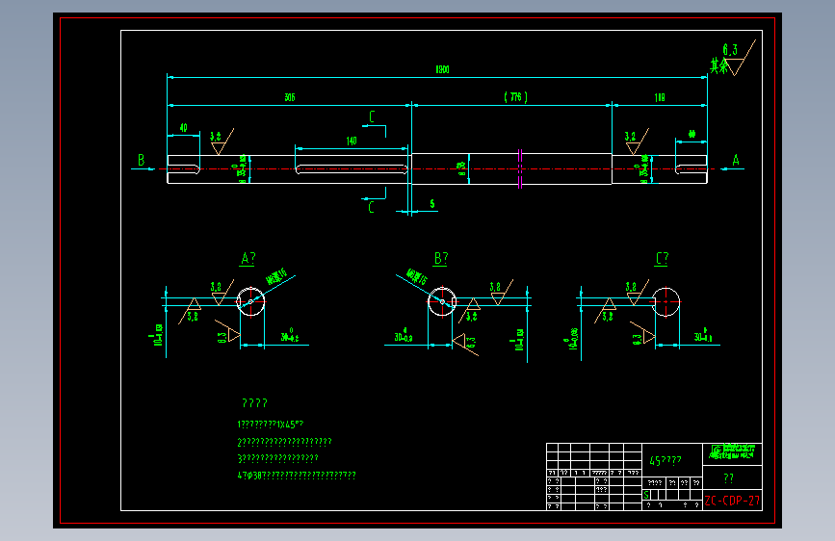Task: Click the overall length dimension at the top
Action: point(442,69)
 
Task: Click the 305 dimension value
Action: point(289,97)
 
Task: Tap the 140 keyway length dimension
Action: point(351,142)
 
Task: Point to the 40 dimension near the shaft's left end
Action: point(183,127)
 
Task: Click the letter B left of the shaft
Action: point(141,161)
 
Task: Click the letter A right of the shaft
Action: point(736,161)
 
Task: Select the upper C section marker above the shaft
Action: point(373,117)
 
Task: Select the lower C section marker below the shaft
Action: point(373,206)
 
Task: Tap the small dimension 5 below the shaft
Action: point(431,203)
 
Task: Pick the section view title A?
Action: point(248,258)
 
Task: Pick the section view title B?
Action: point(441,258)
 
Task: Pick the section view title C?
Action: point(662,258)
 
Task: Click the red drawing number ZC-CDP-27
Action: point(732,501)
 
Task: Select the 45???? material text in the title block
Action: point(665,461)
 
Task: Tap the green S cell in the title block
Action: point(646,493)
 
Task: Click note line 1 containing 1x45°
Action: point(271,424)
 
